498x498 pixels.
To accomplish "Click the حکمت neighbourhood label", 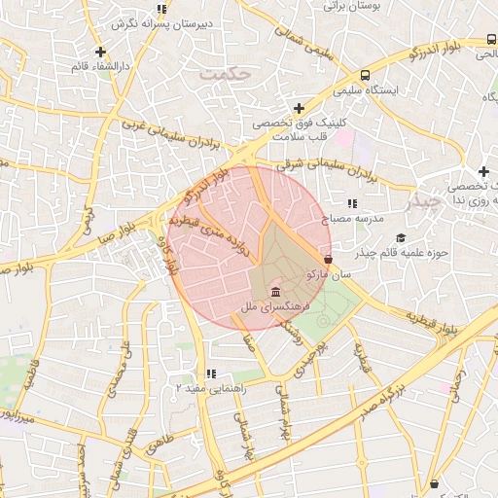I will click(x=223, y=73).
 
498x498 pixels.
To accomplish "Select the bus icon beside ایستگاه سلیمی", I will click(x=364, y=75).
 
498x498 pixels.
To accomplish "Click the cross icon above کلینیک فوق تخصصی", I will click(x=299, y=107).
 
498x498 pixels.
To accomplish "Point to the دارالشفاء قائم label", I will click(x=101, y=66).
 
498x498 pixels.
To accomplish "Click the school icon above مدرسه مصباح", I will click(x=351, y=203).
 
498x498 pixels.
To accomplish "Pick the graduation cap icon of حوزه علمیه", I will click(x=401, y=238).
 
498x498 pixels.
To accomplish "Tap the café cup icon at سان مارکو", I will click(x=328, y=260).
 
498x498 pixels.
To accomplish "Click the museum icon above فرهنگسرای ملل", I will click(x=277, y=292).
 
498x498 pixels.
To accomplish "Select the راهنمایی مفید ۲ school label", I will click(x=210, y=387).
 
